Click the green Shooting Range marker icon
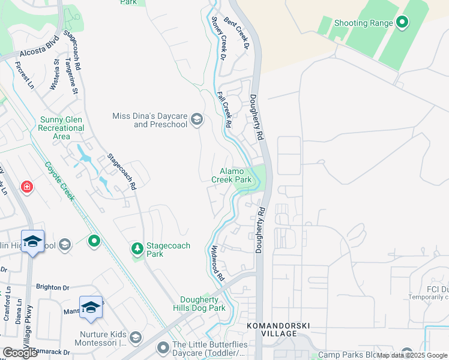(x=402, y=23)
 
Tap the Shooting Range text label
(x=363, y=23)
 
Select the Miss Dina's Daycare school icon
(x=196, y=120)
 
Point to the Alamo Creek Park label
(x=231, y=175)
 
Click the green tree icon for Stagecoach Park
(x=137, y=248)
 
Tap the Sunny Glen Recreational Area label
(x=61, y=128)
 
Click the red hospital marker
(x=26, y=187)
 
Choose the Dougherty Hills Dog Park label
(x=203, y=304)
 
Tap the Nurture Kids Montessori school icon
(x=135, y=337)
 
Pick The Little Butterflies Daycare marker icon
(x=163, y=348)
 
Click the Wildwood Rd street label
(x=217, y=263)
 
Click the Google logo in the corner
(x=20, y=353)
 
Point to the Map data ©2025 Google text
(x=412, y=355)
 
